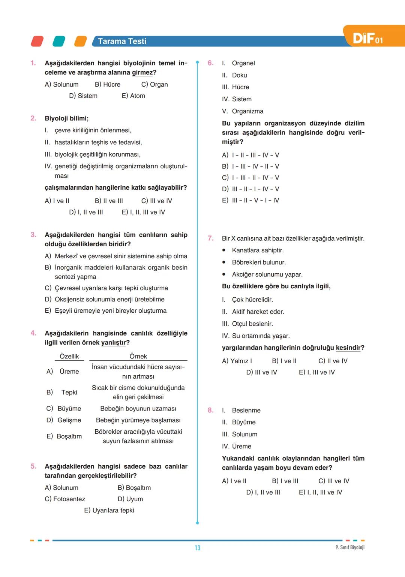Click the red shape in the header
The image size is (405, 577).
coord(37,41)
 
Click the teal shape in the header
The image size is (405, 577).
coord(59,41)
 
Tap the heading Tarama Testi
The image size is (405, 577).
coord(122,41)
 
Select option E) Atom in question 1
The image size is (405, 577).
coord(133,96)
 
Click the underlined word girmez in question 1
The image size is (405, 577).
coord(142,73)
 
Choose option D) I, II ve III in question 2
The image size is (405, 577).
coord(86,212)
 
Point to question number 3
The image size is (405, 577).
coord(33,235)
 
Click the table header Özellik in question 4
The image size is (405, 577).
coord(69,356)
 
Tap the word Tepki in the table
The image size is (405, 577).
coord(69,392)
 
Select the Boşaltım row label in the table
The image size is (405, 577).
coord(69,436)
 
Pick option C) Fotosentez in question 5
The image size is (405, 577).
coord(65,499)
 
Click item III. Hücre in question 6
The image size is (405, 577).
coord(235,87)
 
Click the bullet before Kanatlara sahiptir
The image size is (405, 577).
coord(224,250)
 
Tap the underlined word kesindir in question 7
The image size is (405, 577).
coord(348,348)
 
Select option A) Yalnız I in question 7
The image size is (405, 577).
coord(237,361)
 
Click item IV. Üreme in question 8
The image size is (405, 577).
coord(237,446)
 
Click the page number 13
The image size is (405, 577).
coord(197,548)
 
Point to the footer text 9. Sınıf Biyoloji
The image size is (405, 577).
coord(349,547)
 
